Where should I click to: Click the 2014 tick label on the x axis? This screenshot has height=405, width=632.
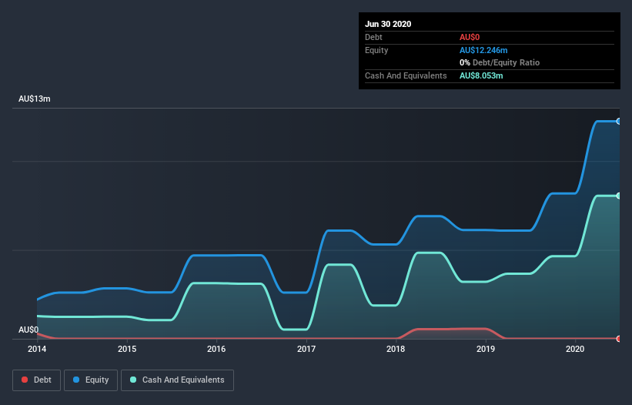37,350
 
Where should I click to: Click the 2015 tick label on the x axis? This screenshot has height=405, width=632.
127,350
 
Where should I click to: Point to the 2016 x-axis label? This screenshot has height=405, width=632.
217,350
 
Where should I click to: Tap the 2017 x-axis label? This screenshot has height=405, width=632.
306,350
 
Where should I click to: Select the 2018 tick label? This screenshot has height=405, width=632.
396,350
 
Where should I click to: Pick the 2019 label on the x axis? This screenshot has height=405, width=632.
486,350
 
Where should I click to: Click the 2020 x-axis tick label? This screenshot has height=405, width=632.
575,350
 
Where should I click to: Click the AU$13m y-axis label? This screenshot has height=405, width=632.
35,99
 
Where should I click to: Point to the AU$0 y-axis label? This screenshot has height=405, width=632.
28,330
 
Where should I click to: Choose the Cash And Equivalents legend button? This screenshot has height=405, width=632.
177,380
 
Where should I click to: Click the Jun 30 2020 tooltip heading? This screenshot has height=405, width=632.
388,24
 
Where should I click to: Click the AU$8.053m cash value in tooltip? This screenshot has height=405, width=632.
481,75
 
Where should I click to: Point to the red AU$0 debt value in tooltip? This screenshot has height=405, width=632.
470,37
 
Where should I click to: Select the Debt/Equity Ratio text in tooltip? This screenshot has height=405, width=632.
506,62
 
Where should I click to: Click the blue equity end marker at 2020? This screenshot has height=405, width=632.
618,121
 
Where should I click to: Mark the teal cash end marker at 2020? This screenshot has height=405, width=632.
618,196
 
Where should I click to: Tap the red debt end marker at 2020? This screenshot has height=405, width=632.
618,339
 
